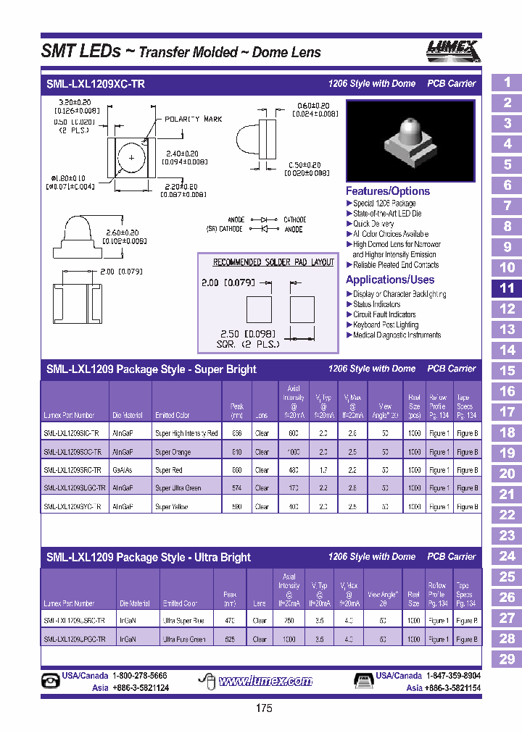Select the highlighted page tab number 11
(507, 288)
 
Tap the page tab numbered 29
(507, 659)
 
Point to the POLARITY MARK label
(193, 119)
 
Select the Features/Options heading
(387, 191)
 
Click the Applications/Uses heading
(389, 280)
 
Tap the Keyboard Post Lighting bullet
(395, 324)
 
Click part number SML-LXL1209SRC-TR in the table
(72, 470)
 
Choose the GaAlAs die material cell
(123, 470)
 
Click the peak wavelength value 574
(237, 488)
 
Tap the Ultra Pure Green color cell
(184, 640)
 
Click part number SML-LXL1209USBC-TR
(74, 621)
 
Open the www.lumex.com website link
(265, 681)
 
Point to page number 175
(264, 708)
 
